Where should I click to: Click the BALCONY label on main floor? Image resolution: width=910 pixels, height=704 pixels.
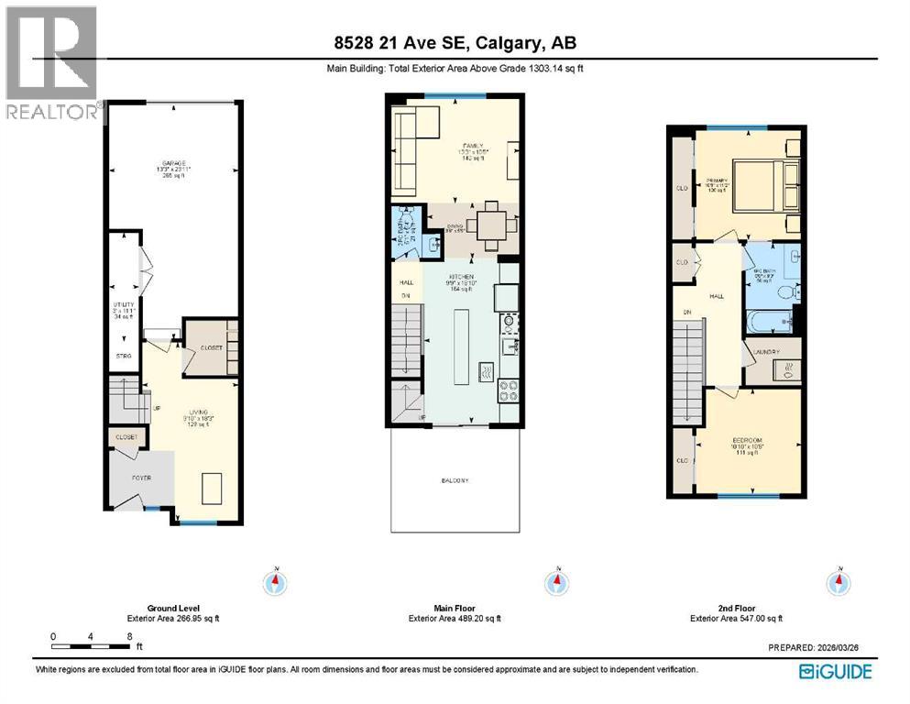(455, 480)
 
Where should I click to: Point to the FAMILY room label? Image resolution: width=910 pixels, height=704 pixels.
(472, 145)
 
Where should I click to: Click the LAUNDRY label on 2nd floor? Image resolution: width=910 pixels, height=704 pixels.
(767, 351)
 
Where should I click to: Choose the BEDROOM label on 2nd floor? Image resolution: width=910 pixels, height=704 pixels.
(747, 442)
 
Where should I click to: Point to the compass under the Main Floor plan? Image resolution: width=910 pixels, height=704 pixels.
(554, 581)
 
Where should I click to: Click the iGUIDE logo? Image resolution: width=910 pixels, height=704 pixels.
(835, 672)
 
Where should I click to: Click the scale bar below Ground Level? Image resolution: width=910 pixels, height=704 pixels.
(93, 647)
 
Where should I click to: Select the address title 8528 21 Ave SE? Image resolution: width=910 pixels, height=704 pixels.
(455, 43)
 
